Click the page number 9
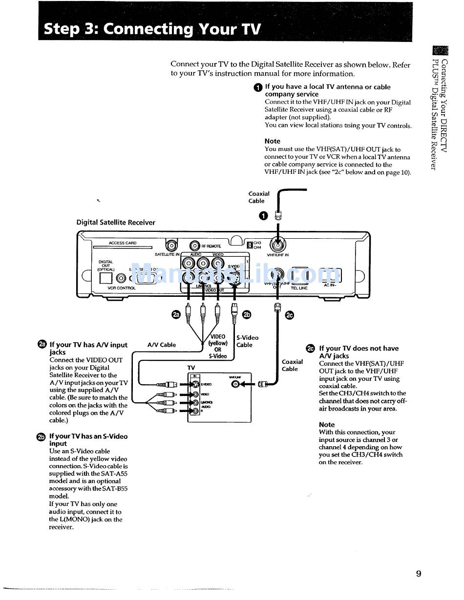click(419, 574)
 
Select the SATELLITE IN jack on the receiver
click(171, 246)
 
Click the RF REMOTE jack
click(194, 246)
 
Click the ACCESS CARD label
click(123, 243)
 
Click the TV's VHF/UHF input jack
click(236, 384)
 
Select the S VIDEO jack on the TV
click(195, 384)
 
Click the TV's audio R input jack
click(195, 411)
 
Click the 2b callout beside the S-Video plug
click(247, 314)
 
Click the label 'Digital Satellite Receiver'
click(116, 223)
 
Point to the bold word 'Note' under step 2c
click(327, 425)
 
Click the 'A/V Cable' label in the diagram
click(161, 345)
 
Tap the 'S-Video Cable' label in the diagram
click(247, 341)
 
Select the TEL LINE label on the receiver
click(299, 288)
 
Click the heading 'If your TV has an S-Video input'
click(88, 440)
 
